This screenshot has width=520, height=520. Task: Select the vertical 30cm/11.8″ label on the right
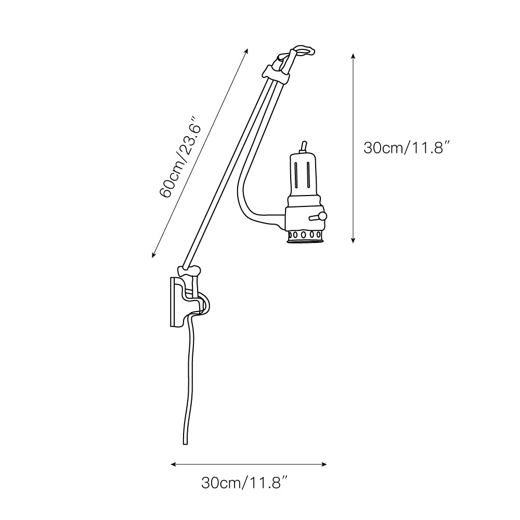point(407,148)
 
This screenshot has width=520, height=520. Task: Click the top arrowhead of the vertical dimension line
point(354,56)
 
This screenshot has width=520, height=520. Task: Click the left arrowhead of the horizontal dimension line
point(173,464)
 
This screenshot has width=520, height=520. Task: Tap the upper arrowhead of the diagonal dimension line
point(246,51)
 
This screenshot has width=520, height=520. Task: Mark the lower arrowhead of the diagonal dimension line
point(153,255)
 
